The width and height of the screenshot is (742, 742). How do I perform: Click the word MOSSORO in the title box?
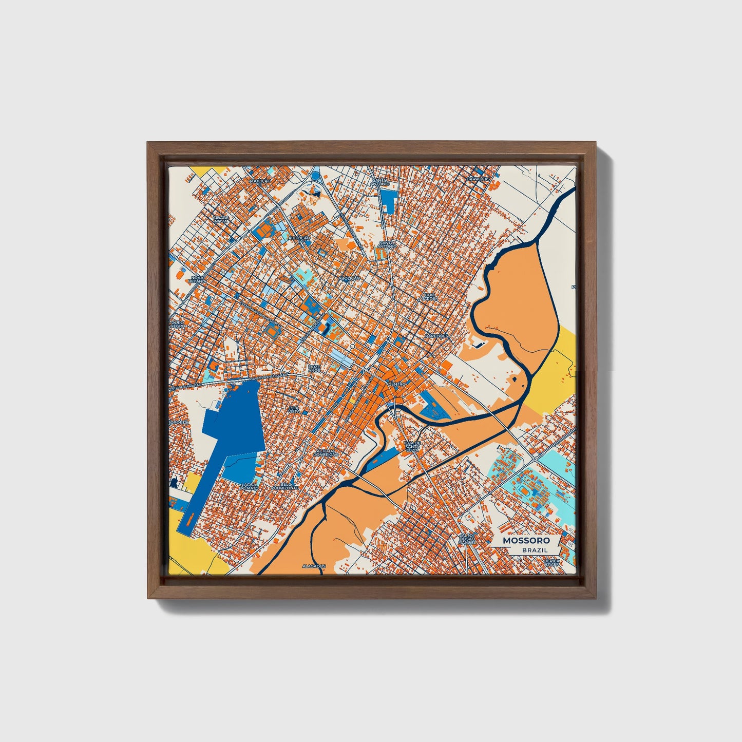[x=526, y=540]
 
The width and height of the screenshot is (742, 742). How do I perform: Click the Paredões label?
[x=436, y=336]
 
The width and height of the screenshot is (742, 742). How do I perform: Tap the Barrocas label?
[x=476, y=179]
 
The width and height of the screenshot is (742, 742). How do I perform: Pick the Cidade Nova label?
[x=221, y=219]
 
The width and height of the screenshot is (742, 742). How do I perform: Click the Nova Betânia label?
[x=198, y=279]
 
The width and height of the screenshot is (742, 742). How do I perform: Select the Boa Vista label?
[x=294, y=409]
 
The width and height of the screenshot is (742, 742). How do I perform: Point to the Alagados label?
[x=314, y=566]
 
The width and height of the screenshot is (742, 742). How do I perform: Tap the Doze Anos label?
[x=314, y=368]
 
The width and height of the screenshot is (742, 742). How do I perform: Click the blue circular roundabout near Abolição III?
[x=315, y=176]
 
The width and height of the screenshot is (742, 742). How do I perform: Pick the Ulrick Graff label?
[x=553, y=563]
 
